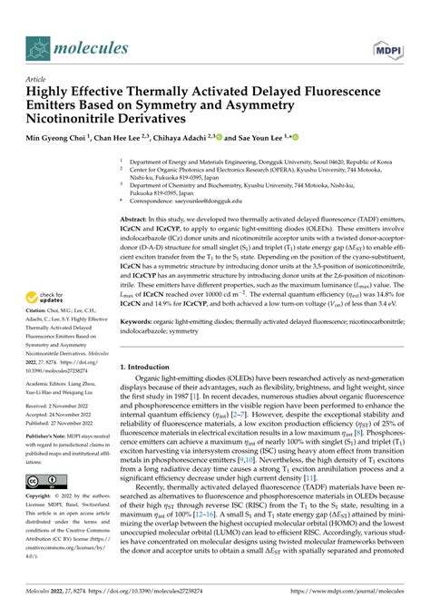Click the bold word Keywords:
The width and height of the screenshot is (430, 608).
(x=141, y=322)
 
